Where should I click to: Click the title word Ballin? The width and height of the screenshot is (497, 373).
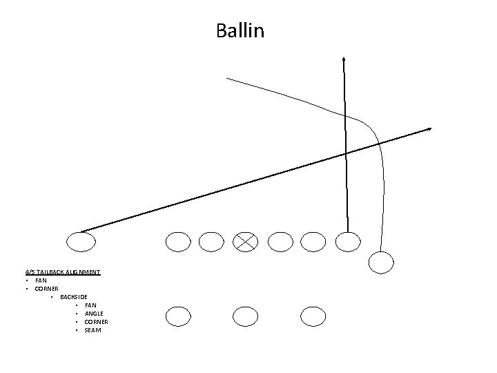pyautogui.click(x=240, y=31)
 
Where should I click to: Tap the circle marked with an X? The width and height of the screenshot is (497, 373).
pyautogui.click(x=245, y=241)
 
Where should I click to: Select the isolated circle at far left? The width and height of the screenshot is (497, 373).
pyautogui.click(x=81, y=241)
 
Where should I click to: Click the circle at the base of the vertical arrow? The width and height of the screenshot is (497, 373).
pyautogui.click(x=347, y=241)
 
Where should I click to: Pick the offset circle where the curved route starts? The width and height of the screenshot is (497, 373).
pyautogui.click(x=381, y=262)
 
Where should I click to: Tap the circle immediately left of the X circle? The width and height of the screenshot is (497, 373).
pyautogui.click(x=211, y=241)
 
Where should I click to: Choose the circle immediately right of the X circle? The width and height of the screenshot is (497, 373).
pyautogui.click(x=280, y=241)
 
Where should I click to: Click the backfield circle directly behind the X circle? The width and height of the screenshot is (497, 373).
pyautogui.click(x=245, y=316)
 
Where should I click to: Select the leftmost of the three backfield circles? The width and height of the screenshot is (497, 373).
pyautogui.click(x=177, y=316)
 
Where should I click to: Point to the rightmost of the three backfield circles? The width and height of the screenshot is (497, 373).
pyautogui.click(x=313, y=316)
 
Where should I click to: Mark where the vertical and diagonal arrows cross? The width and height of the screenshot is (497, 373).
pyautogui.click(x=345, y=153)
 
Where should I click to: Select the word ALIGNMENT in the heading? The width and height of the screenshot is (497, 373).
pyautogui.click(x=85, y=272)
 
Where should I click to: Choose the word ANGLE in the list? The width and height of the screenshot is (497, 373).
pyautogui.click(x=93, y=314)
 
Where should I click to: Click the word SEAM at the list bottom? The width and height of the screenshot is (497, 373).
pyautogui.click(x=92, y=330)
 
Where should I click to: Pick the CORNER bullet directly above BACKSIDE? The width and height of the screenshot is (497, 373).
pyautogui.click(x=46, y=289)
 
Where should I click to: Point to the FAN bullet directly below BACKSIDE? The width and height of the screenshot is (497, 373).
pyautogui.click(x=90, y=305)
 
